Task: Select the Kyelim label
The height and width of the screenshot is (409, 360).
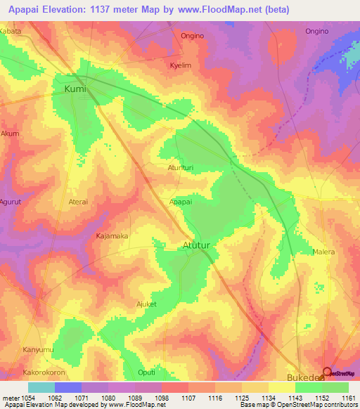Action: click(181, 65)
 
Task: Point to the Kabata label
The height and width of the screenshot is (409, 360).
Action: click(11, 32)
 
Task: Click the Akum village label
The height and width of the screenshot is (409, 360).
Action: click(10, 133)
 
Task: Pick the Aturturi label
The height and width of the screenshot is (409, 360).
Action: click(180, 168)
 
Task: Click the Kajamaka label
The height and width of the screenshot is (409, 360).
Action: click(112, 236)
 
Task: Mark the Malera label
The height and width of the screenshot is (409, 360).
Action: click(323, 252)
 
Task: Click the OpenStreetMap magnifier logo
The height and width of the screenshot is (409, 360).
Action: click(327, 372)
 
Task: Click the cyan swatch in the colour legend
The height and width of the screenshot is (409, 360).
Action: click(41, 387)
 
